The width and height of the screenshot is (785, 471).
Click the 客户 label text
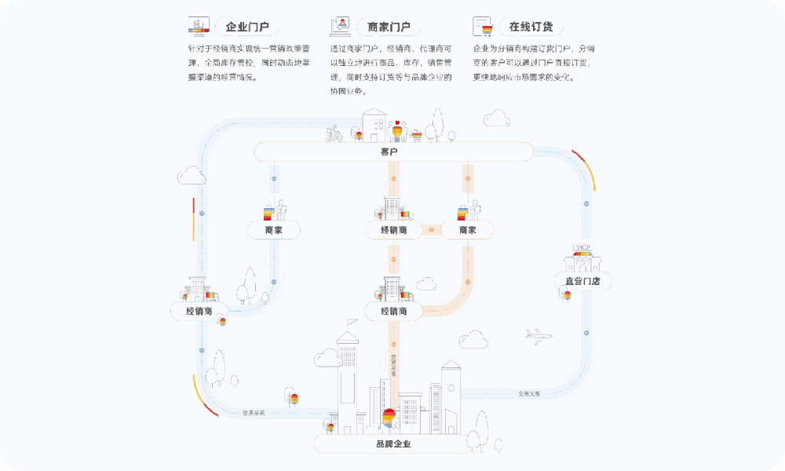tap(389, 152)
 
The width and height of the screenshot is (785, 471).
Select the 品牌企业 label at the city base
tap(393, 444)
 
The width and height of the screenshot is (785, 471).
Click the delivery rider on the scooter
tap(334, 134)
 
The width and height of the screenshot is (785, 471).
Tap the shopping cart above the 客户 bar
tap(417, 135)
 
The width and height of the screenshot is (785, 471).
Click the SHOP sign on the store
tap(582, 248)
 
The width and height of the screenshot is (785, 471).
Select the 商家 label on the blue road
tap(273, 230)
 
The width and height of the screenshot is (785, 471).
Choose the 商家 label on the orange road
tap(468, 230)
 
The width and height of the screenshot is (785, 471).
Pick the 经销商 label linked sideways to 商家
tap(394, 230)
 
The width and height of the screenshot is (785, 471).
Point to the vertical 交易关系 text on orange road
tap(393, 366)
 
